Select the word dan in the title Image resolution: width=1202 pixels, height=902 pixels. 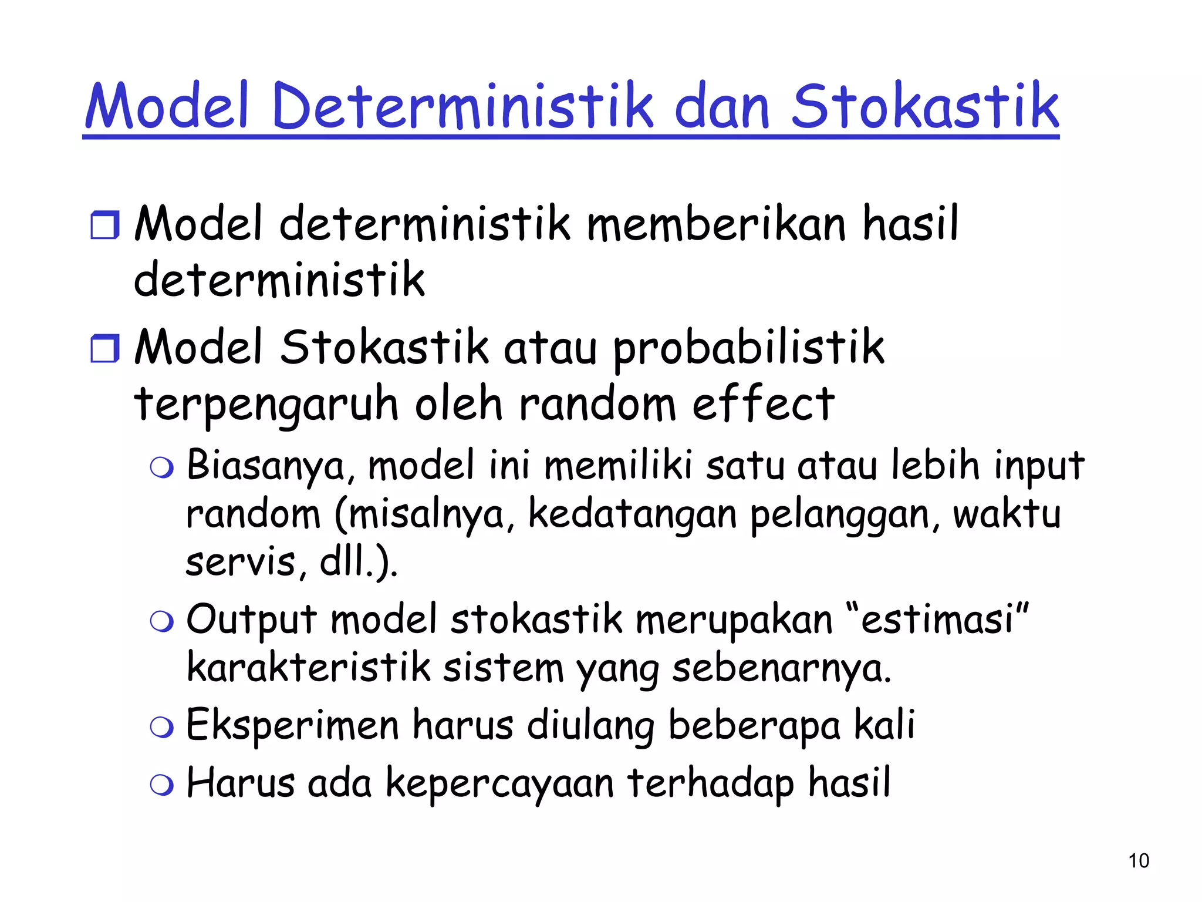coord(722,107)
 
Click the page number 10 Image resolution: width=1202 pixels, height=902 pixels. coord(1139,861)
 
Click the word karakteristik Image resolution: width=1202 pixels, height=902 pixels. coord(309,668)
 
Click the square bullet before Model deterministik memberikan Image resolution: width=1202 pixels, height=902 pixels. coord(105,225)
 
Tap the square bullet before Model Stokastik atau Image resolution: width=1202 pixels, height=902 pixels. coord(105,348)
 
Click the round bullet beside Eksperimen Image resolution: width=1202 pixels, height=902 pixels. coord(161,728)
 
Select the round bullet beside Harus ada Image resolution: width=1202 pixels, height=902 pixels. coord(161,785)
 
